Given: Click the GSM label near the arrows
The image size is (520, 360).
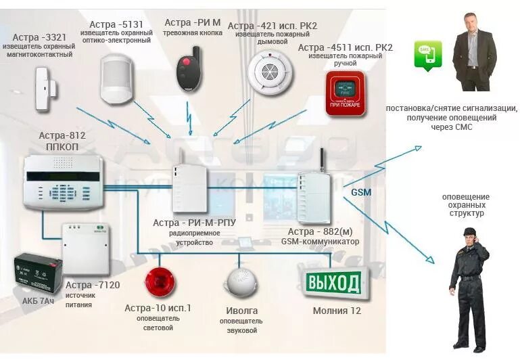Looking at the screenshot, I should (361, 192).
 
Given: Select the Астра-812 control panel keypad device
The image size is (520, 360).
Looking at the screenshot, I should (62, 181).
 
